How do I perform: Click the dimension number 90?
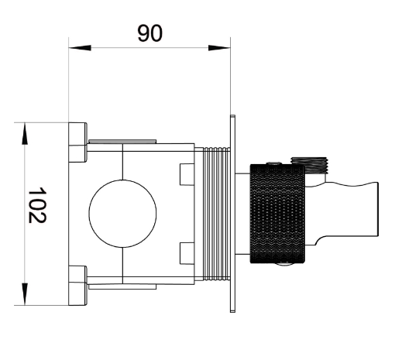point(150,33)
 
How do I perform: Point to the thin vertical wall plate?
point(232,214)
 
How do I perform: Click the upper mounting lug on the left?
point(77,143)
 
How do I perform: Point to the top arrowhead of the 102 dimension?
point(27,132)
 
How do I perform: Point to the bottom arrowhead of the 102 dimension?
point(27,295)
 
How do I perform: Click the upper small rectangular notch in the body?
point(186,175)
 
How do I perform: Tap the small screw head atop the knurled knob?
point(273,163)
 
